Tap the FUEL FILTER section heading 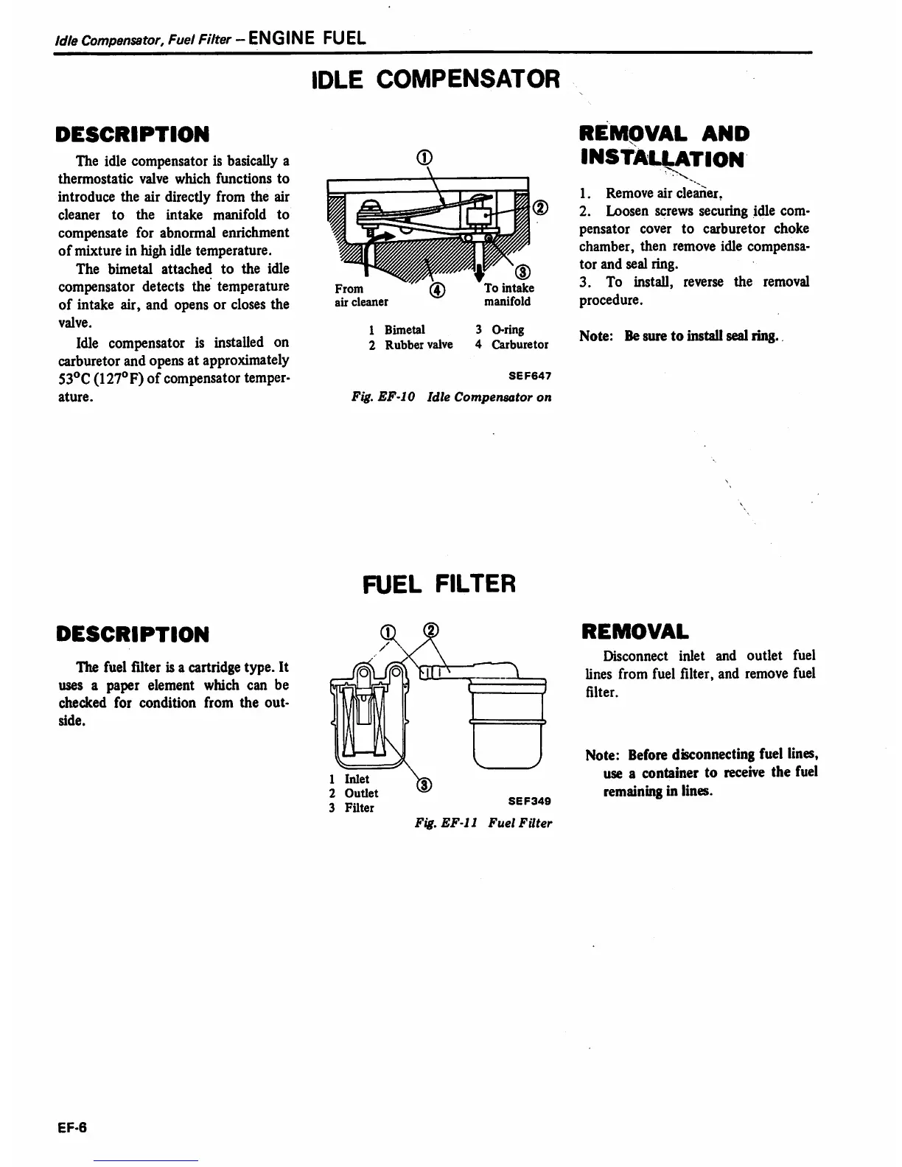pos(440,584)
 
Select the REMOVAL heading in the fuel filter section pos(635,631)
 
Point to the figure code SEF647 pos(530,376)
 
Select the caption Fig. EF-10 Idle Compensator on pos(451,397)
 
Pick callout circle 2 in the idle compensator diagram pos(541,207)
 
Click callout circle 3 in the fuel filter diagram pos(424,785)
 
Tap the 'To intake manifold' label pos(508,295)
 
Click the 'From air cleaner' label pos(361,295)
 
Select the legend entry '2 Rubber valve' pos(410,345)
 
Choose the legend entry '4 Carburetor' pos(511,345)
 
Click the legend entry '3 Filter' pos(352,807)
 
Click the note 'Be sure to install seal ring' pos(700,336)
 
